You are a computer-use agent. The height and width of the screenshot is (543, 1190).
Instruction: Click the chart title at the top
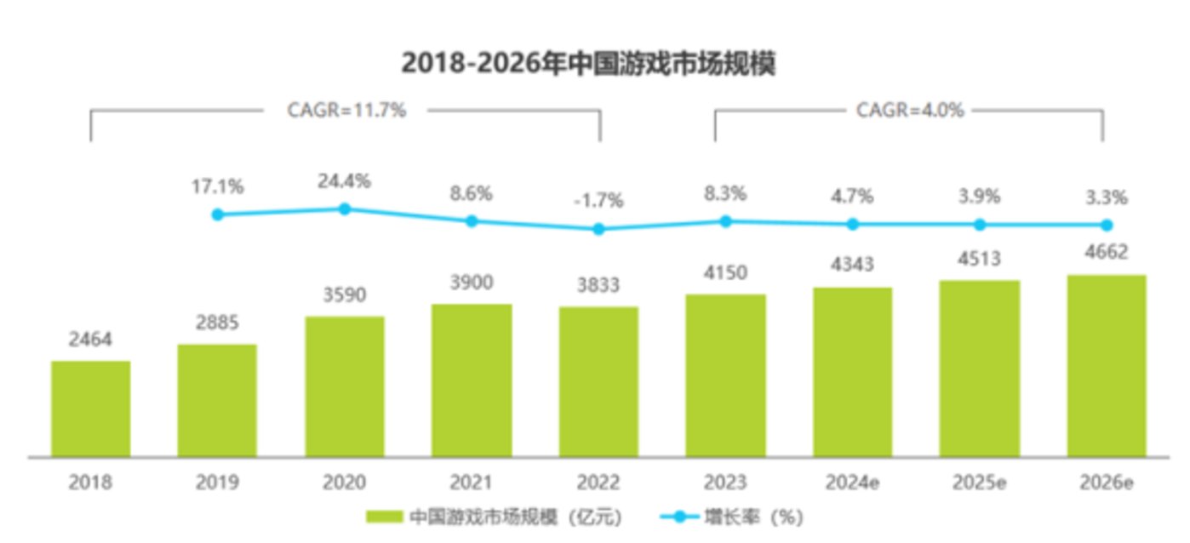587,63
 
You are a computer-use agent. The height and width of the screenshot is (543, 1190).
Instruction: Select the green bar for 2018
90,409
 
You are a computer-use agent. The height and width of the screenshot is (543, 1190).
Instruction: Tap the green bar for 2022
598,381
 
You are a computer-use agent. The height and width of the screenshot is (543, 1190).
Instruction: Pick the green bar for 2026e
1107,366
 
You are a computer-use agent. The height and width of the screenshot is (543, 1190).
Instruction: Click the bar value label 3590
344,296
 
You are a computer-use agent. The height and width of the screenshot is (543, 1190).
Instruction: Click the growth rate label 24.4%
344,181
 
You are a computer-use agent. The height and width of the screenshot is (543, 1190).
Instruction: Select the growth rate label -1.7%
598,201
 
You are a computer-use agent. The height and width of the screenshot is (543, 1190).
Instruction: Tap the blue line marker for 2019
217,214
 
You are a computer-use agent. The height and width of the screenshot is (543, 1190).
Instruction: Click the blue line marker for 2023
725,221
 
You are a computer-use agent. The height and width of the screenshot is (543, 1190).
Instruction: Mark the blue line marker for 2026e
1107,225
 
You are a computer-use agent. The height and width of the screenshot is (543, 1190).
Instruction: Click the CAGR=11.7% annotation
345,111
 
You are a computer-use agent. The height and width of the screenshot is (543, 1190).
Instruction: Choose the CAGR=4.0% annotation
910,111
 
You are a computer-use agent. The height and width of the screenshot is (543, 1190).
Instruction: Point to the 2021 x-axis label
471,482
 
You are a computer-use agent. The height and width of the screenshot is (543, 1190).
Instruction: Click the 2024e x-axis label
852,482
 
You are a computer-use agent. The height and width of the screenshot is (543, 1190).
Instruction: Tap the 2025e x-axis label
980,482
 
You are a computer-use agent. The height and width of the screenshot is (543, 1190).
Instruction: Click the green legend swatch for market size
384,517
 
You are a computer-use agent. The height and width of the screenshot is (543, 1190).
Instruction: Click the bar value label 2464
90,340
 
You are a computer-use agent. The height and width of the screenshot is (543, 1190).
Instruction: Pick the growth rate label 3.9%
980,197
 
